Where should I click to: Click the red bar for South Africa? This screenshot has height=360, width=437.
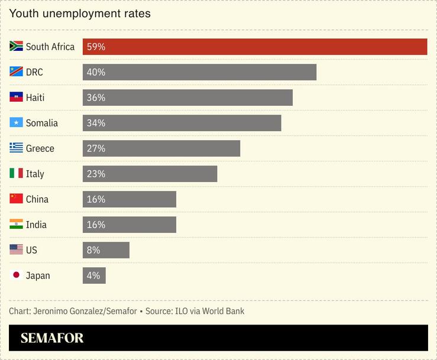coord(254,47)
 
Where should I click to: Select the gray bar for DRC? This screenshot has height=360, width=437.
coord(199,72)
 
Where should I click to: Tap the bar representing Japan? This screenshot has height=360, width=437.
coord(94,275)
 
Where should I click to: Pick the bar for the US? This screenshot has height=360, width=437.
coord(106,250)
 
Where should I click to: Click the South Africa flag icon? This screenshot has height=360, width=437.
coord(16,47)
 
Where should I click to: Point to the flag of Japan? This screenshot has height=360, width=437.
coord(16,275)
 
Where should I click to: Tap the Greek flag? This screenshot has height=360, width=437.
coord(16,148)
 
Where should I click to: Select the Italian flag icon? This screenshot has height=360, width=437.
coord(16,174)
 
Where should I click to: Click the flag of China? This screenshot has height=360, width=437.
coord(16,199)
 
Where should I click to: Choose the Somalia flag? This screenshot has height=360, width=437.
coord(16,123)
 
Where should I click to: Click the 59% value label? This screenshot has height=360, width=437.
coord(96,47)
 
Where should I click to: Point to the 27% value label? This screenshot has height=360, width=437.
coord(96,148)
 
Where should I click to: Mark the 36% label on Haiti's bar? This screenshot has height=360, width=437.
coord(96,98)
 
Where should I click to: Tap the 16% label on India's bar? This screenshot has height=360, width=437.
coord(96,225)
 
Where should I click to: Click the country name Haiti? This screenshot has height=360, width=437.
coord(35,98)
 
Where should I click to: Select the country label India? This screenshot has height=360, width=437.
coord(36,225)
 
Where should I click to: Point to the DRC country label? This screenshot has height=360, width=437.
coord(34,72)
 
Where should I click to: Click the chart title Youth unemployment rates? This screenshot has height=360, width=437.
coord(80,13)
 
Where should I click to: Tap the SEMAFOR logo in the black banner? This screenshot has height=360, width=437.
coord(52,338)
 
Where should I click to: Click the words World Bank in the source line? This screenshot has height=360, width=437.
coord(223,311)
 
